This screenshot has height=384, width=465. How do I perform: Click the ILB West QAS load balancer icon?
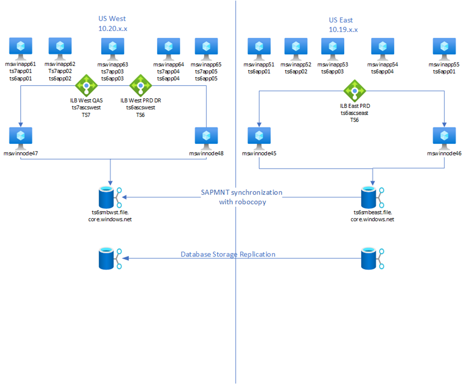tap(86, 85)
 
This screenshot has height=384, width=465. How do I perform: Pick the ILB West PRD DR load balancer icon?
tap(140, 85)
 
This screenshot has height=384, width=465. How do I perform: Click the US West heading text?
tap(112, 19)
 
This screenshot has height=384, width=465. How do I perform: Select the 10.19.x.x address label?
tap(343, 30)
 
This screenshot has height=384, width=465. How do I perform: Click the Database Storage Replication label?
tap(228, 254)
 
